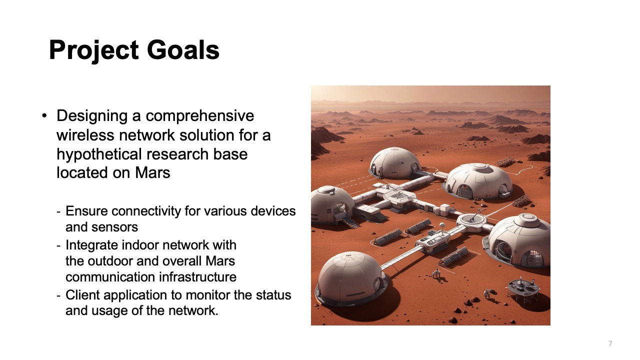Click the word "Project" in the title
pyautogui.click(x=93, y=50)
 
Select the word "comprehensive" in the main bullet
pyautogui.click(x=200, y=116)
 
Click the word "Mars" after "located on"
pyautogui.click(x=152, y=173)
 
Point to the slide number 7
pyautogui.click(x=610, y=343)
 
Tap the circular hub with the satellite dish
pyautogui.click(x=472, y=220)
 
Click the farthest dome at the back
pyautogui.click(x=395, y=161)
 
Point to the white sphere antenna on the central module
pyautogui.click(x=441, y=225)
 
